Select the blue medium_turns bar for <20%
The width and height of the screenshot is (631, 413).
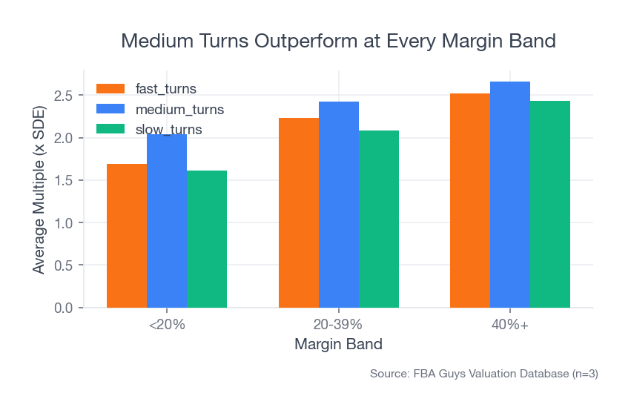[167, 222]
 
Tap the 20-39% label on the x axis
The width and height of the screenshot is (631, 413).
[339, 325]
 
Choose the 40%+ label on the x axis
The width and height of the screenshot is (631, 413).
[510, 325]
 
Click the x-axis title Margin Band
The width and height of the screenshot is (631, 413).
[339, 344]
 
